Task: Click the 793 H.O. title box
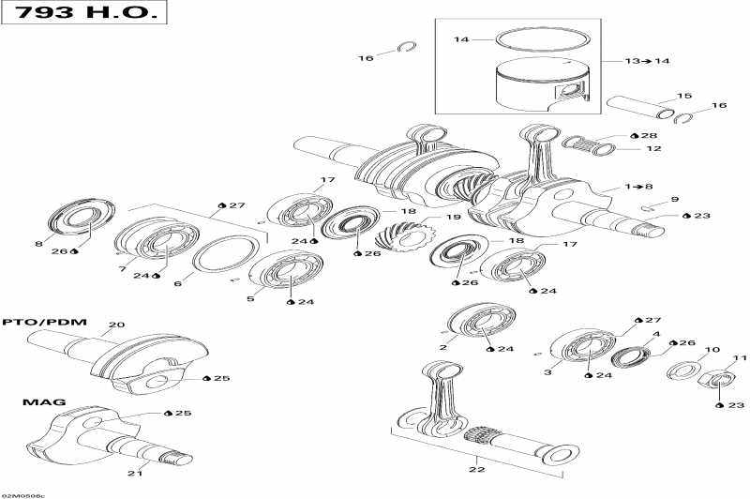(x=84, y=14)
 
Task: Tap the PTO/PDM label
(x=45, y=323)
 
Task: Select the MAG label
(x=45, y=402)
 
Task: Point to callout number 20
(x=115, y=325)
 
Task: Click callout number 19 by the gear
(x=454, y=218)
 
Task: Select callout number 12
(x=653, y=149)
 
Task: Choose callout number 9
(x=673, y=199)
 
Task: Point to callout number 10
(x=712, y=350)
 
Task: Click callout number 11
(x=740, y=358)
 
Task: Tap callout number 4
(x=656, y=334)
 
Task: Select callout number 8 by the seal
(x=39, y=245)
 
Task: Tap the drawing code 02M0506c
(x=22, y=493)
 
